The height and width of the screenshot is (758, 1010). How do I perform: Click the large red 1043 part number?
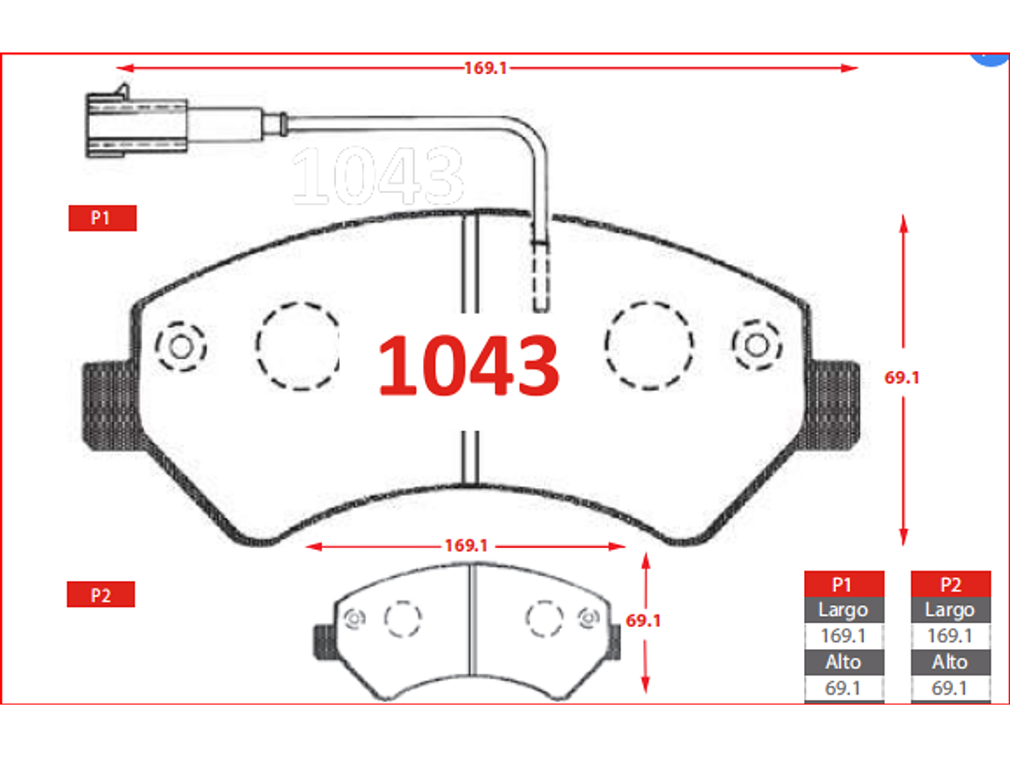pyautogui.click(x=468, y=365)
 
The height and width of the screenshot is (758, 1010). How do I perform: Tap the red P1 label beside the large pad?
pyautogui.click(x=102, y=218)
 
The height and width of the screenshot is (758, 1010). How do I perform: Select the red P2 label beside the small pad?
pyautogui.click(x=100, y=594)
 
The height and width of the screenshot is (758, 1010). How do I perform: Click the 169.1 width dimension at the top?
pyautogui.click(x=486, y=67)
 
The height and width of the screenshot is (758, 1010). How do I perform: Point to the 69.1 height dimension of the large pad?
pyautogui.click(x=901, y=378)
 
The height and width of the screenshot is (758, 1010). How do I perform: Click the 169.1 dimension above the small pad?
pyautogui.click(x=466, y=546)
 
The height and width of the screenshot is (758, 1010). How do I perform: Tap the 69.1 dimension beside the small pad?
pyautogui.click(x=643, y=620)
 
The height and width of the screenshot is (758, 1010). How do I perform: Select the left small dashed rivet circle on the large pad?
pyautogui.click(x=181, y=347)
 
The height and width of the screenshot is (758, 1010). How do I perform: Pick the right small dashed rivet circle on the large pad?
pyautogui.click(x=757, y=345)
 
